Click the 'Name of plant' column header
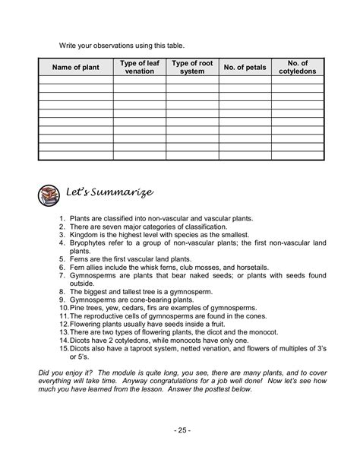tap(75, 67)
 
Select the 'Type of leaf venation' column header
tap(139, 67)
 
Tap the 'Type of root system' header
tap(191, 67)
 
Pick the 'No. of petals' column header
tap(244, 67)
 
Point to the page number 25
tap(179, 430)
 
